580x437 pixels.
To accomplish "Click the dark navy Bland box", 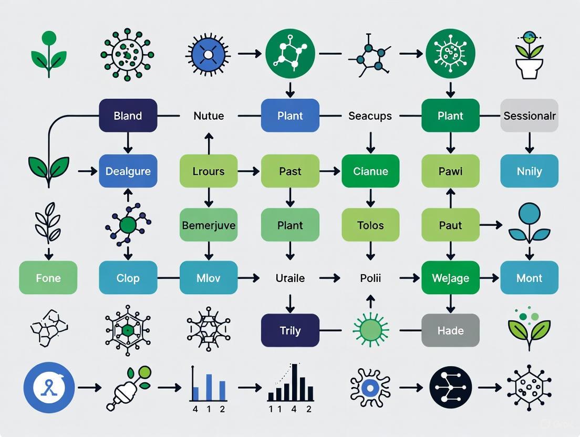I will tap(128, 115).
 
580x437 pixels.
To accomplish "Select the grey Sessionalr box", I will tap(529, 115).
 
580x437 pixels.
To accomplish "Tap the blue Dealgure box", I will tap(128, 171).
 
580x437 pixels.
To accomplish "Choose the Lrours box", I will tap(209, 171).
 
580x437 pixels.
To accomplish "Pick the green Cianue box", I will tap(370, 171).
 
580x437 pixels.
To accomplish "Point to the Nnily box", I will tap(529, 171).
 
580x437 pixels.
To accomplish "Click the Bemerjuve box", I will tap(209, 225).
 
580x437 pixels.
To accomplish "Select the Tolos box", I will tap(370, 225).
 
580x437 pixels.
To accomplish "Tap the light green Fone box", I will tap(48, 277).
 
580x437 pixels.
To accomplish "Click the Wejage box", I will tap(450, 277).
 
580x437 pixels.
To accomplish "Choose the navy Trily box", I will tap(290, 330).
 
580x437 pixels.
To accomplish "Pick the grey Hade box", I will tap(450, 330).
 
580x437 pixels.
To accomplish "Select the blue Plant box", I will tap(290, 115).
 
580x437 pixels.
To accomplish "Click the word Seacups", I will tap(370, 116).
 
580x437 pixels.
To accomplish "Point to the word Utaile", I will tap(290, 278).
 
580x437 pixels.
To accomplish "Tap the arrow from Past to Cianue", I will tap(330, 171).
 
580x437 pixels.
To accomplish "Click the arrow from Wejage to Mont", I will tap(490, 277).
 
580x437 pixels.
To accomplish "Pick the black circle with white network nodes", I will tap(450, 388).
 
